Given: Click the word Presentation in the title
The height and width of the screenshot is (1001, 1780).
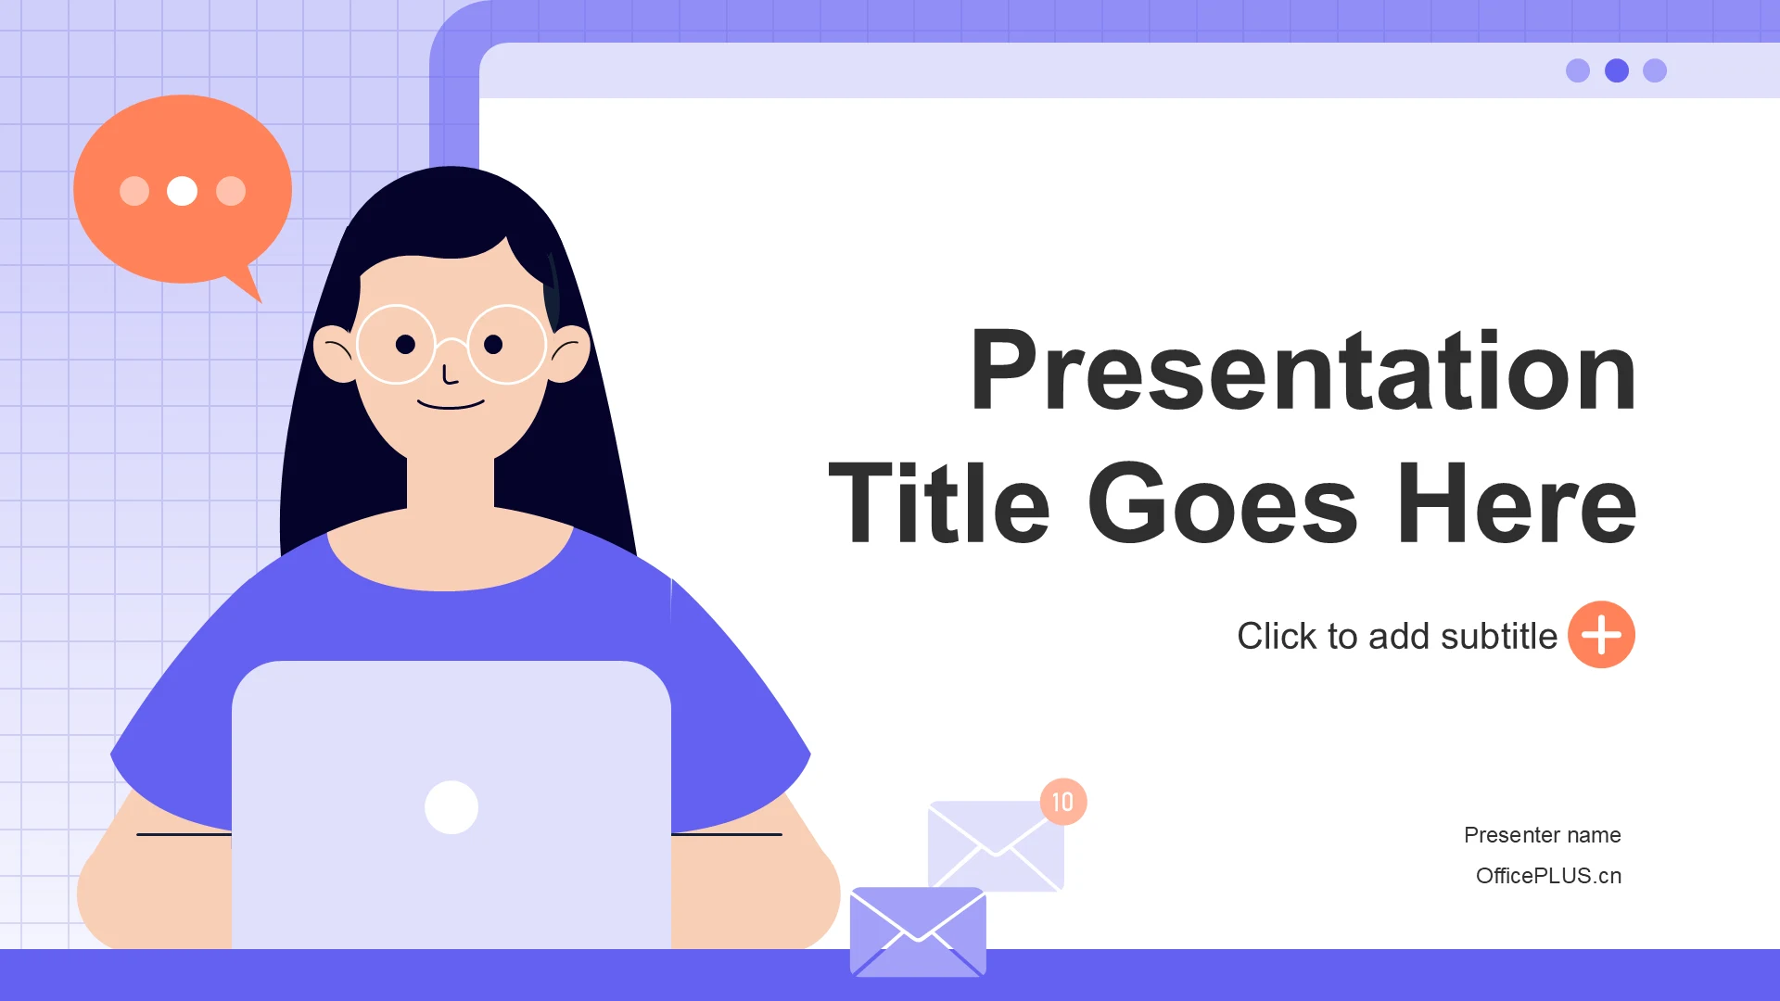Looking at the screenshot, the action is point(1303,371).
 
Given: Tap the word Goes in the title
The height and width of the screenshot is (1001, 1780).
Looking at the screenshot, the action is point(1223,503).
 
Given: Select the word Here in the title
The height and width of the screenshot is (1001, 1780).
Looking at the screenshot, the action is point(1517,503).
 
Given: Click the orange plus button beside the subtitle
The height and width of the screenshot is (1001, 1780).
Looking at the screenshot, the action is point(1601,635).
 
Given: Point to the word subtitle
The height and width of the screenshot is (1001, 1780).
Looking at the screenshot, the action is point(1499,636).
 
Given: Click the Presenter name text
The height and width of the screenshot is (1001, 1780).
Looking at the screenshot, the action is point(1543,835).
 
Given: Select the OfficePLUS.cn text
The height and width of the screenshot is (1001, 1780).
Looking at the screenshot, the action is point(1549,876).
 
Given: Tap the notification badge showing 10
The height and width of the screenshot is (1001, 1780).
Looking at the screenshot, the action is point(1063,802).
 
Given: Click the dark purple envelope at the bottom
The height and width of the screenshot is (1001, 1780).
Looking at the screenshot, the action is point(918,932).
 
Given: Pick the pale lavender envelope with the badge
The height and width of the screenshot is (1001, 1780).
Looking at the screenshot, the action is point(996,846).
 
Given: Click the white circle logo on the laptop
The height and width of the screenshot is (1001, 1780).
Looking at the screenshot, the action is point(451,807).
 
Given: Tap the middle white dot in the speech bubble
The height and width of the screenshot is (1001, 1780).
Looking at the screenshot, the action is point(182,191).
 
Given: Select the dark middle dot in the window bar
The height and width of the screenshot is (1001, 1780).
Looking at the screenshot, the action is point(1617,70).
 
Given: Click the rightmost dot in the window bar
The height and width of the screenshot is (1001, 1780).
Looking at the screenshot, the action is point(1655,70).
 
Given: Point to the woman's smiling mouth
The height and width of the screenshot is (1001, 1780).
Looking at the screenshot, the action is point(451,404).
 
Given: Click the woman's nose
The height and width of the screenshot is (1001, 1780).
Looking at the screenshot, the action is point(450,374).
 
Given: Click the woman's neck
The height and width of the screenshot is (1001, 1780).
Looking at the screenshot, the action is point(451,482).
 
